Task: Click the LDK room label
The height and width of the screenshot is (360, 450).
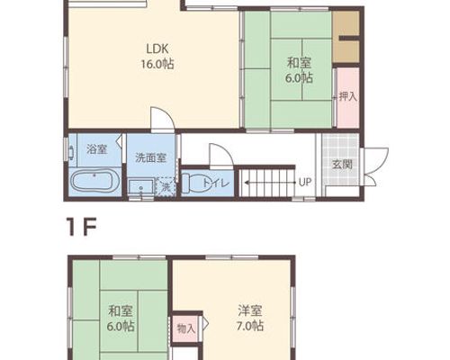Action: click(x=157, y=49)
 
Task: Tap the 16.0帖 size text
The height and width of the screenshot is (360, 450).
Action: click(x=157, y=64)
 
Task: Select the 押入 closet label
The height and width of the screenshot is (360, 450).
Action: click(x=348, y=96)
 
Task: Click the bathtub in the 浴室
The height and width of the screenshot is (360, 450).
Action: click(x=95, y=181)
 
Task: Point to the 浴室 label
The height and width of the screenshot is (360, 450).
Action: click(x=96, y=149)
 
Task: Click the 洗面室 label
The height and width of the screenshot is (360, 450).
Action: click(x=150, y=157)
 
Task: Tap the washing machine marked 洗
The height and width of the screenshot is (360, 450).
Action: click(x=166, y=186)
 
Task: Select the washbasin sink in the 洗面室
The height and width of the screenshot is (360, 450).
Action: click(x=141, y=187)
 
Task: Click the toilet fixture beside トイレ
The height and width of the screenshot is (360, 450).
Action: click(x=191, y=184)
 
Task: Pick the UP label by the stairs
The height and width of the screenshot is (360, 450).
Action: click(x=305, y=182)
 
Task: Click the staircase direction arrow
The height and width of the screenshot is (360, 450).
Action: click(x=271, y=182)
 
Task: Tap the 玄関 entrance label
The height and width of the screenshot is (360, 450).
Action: click(x=342, y=164)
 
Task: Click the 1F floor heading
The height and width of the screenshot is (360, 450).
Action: click(x=82, y=228)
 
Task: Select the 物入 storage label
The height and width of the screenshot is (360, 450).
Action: click(x=186, y=328)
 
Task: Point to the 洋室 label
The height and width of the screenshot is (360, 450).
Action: click(x=250, y=310)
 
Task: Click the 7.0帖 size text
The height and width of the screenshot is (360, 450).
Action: click(x=250, y=326)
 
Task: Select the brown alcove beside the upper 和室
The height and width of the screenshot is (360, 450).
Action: click(x=346, y=37)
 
